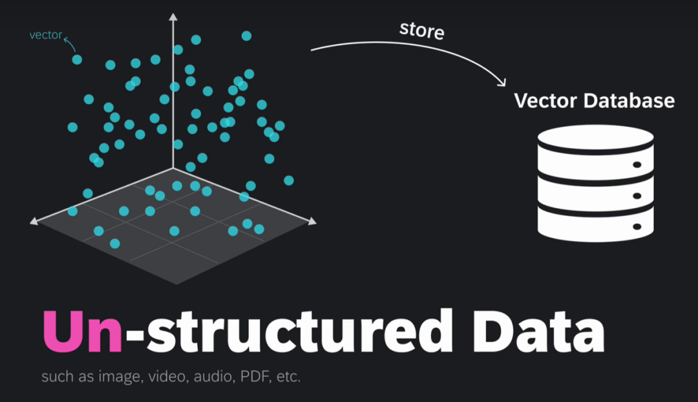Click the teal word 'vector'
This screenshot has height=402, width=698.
pyautogui.click(x=45, y=35)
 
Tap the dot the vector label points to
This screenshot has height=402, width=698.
pyautogui.click(x=77, y=59)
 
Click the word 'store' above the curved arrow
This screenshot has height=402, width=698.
pyautogui.click(x=421, y=30)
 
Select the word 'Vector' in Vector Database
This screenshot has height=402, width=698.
pyautogui.click(x=545, y=101)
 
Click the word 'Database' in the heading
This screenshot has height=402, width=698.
pyautogui.click(x=629, y=101)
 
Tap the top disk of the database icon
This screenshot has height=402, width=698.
pyautogui.click(x=596, y=138)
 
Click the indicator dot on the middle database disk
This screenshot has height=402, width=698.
pyautogui.click(x=637, y=196)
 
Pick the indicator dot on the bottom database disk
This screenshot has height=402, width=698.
pyautogui.click(x=637, y=227)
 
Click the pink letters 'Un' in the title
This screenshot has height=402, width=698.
pyautogui.click(x=82, y=331)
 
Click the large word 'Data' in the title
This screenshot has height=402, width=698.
pyautogui.click(x=538, y=331)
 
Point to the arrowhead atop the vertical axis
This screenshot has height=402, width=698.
pyautogui.click(x=173, y=16)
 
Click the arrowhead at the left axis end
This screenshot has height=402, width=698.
pyautogui.click(x=34, y=221)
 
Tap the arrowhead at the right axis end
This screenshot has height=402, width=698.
pyautogui.click(x=313, y=221)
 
